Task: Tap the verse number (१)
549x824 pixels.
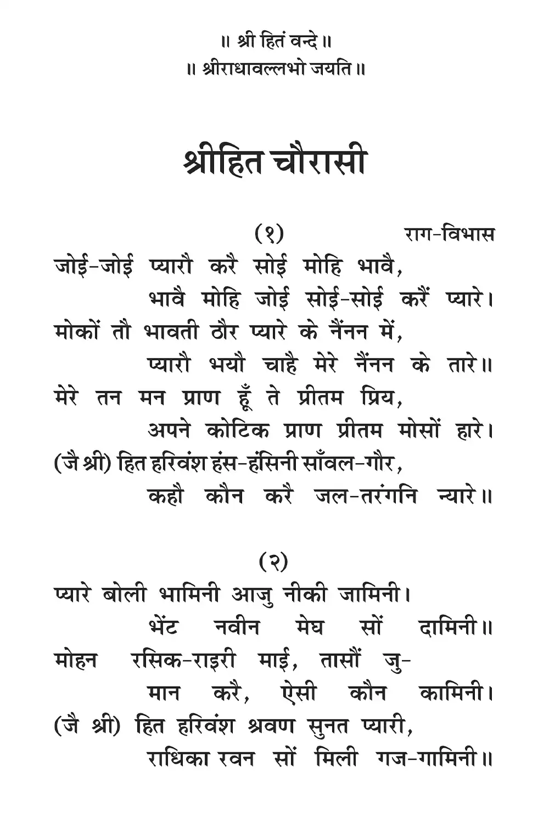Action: click(269, 235)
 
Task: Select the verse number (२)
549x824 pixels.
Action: click(273, 561)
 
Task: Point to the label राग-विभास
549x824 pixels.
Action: click(449, 235)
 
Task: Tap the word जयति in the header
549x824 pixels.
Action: click(329, 70)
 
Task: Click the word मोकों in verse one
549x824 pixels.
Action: click(77, 332)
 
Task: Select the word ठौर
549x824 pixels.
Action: click(223, 332)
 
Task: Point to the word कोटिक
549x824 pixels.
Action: click(238, 431)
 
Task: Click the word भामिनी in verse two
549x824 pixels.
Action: click(189, 594)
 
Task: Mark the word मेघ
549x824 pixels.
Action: click(309, 627)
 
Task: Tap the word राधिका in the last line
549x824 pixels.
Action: click(178, 759)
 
